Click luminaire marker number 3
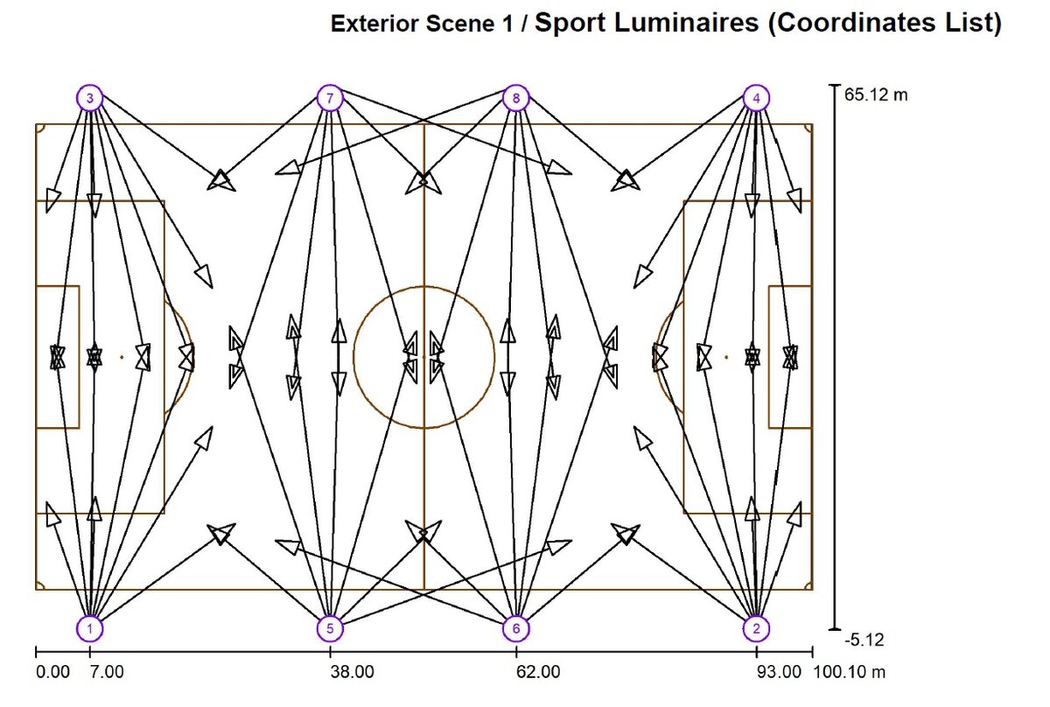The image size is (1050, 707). (89, 98)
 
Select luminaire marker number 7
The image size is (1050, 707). (330, 98)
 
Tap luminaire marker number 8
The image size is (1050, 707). (516, 98)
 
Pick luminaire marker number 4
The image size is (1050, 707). (756, 98)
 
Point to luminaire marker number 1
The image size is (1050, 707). (89, 627)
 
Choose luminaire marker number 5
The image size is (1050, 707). (330, 627)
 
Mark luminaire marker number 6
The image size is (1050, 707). (516, 627)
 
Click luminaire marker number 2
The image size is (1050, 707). (756, 627)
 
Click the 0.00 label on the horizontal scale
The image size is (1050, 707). (52, 672)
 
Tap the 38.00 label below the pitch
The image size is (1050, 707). (353, 672)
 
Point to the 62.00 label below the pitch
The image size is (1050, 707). (539, 672)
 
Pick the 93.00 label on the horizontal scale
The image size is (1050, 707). (779, 672)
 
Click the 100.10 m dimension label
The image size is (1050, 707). (850, 672)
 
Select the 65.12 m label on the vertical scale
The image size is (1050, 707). (876, 94)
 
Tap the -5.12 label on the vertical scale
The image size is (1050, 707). (864, 640)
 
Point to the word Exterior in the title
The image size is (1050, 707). (374, 24)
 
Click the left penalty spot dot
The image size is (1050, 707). (122, 357)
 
